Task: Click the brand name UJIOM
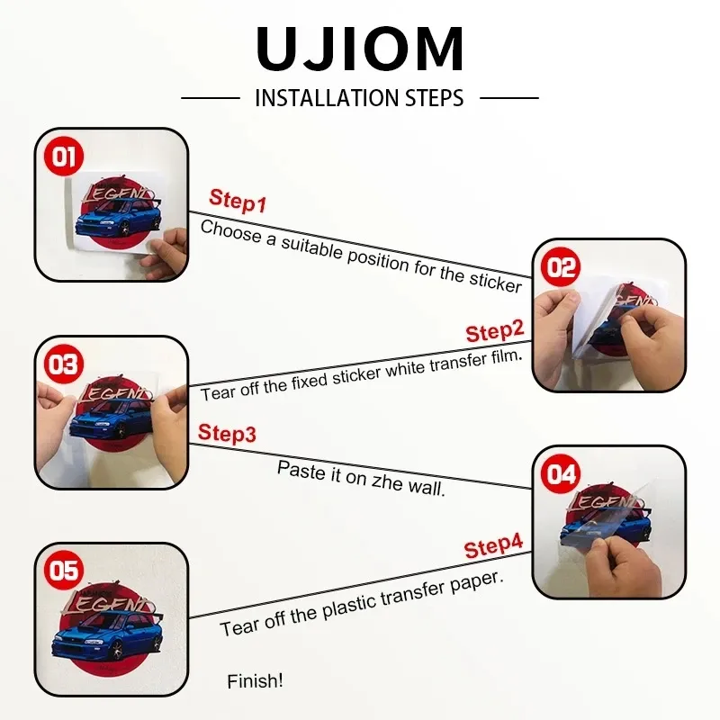click(359, 49)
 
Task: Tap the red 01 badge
click(64, 156)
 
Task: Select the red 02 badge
click(561, 266)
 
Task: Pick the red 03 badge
click(64, 364)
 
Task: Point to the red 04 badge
click(561, 473)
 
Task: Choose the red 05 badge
click(64, 571)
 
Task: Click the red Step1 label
click(238, 201)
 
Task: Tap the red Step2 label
click(494, 331)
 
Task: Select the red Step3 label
click(227, 433)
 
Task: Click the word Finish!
click(255, 681)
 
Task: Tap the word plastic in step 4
click(349, 607)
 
